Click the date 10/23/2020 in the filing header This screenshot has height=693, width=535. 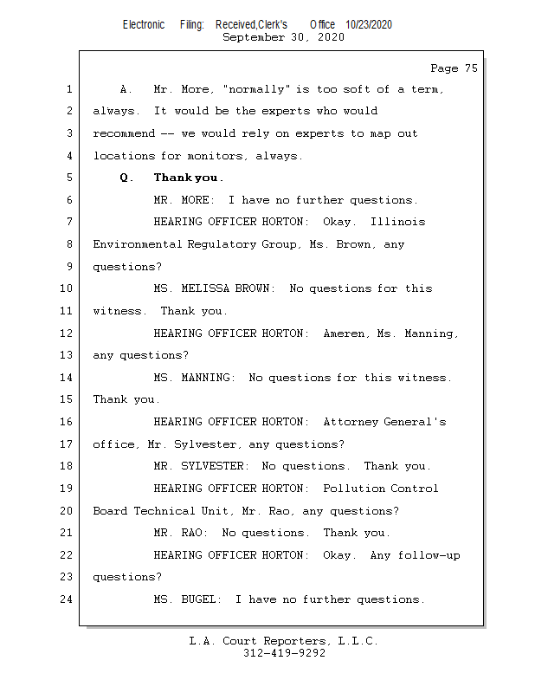368,25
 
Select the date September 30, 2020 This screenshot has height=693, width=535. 283,37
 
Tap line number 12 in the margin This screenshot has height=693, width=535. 68,333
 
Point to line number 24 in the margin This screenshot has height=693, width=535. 68,599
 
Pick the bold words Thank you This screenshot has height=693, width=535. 188,178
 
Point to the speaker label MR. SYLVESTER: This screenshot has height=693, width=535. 202,466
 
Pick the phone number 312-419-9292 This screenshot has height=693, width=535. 284,653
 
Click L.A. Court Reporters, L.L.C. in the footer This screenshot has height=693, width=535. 284,641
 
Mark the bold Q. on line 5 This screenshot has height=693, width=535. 127,178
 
